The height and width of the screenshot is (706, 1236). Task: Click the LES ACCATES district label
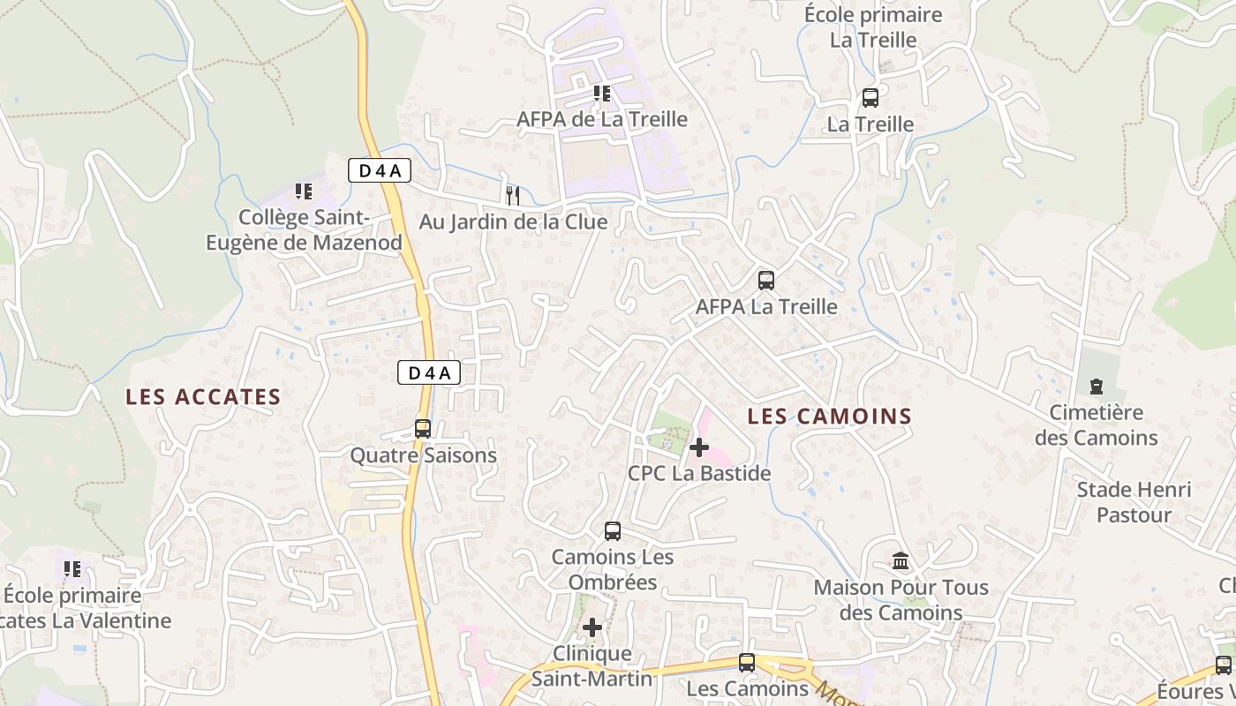point(203,397)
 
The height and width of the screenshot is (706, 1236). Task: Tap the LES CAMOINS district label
point(829,417)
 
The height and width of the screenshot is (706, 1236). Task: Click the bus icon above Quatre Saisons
point(423,429)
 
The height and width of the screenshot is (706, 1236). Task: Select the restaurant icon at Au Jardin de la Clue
point(513,195)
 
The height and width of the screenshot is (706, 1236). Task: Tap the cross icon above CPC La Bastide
point(698,447)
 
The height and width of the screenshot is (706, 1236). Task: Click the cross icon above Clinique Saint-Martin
point(592,627)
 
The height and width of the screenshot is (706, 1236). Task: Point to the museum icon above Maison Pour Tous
point(901,560)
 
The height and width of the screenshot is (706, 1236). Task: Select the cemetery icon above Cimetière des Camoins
point(1096,387)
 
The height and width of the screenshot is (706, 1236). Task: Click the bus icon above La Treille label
point(870,98)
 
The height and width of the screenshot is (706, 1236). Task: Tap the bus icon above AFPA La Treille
point(765,281)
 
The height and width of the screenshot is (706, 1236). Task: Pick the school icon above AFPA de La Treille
point(602,94)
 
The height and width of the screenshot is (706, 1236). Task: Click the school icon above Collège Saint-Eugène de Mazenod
point(304,191)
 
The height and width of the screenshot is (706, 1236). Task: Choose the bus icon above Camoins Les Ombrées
point(612,531)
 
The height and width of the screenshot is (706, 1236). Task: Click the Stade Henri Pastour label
point(1134,502)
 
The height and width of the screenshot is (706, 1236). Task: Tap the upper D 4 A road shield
point(379,170)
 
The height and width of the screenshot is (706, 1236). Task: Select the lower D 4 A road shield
point(428,372)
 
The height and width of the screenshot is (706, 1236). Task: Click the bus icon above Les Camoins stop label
point(747,662)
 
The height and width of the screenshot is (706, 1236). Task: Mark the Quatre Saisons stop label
point(424,455)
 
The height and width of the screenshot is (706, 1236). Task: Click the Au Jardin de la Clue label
point(513,222)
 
